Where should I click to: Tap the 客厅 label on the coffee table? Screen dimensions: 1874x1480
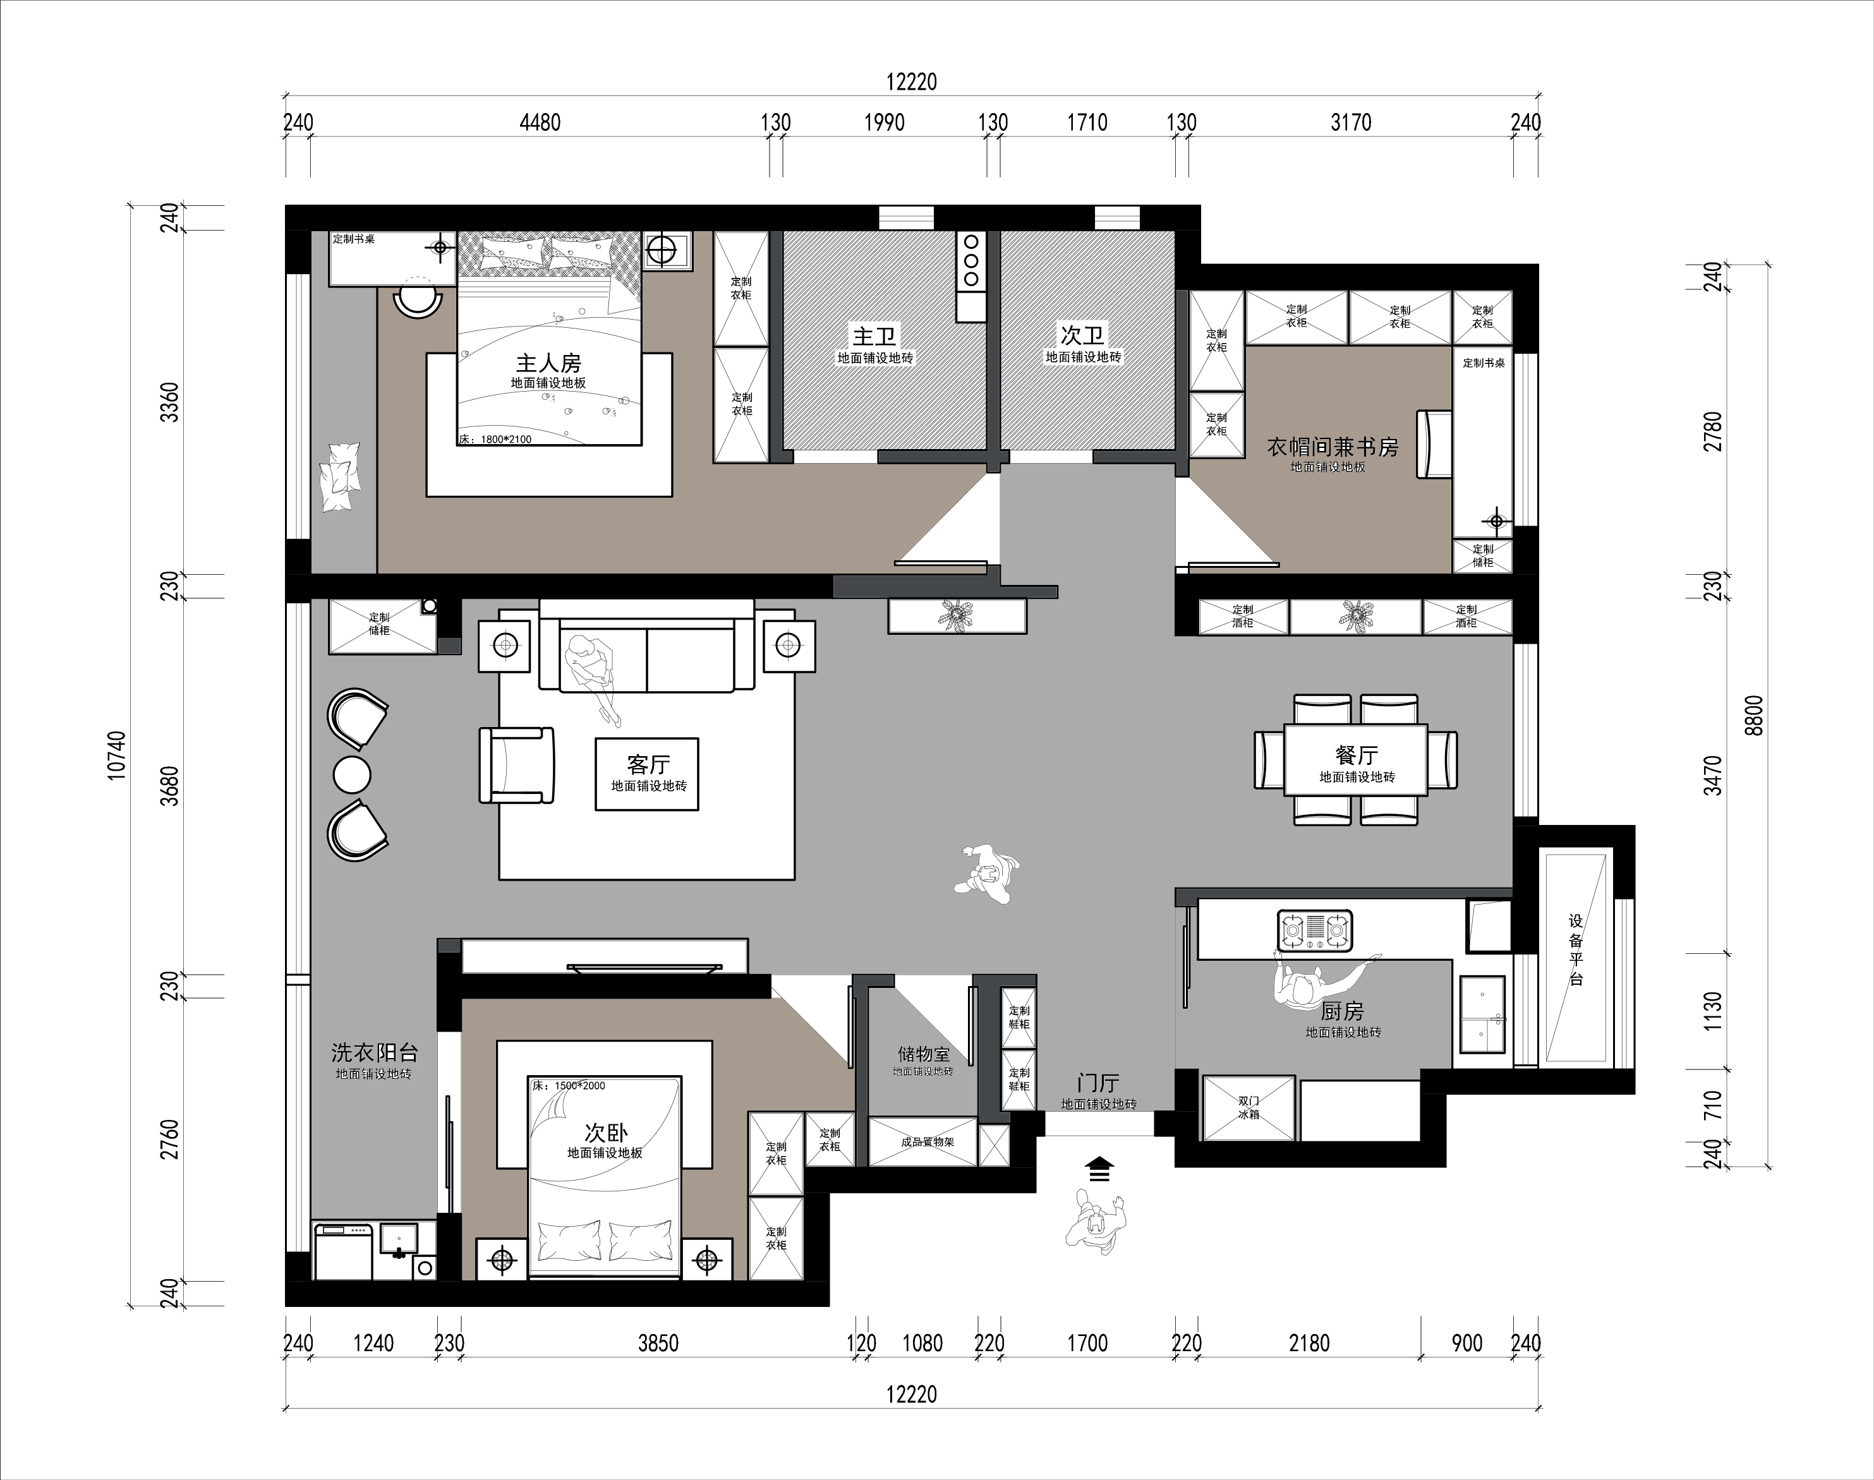point(648,764)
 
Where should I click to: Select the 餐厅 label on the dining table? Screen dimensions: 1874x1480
point(1357,755)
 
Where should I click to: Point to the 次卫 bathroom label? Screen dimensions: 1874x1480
point(1082,335)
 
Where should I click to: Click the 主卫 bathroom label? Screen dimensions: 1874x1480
point(874,336)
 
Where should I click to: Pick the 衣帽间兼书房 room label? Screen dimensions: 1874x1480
point(1333,447)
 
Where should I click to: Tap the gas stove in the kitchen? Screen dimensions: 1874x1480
point(1315,930)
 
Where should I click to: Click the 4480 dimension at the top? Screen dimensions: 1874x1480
point(540,122)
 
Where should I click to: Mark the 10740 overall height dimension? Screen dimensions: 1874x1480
point(117,755)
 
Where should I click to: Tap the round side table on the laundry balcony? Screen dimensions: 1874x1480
point(352,774)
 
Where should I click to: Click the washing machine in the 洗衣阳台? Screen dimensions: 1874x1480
point(343,1251)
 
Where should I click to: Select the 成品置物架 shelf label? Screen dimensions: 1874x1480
point(928,1142)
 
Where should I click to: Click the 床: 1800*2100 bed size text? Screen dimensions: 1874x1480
point(495,439)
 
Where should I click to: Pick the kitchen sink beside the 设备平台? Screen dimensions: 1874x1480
point(1482,1014)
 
